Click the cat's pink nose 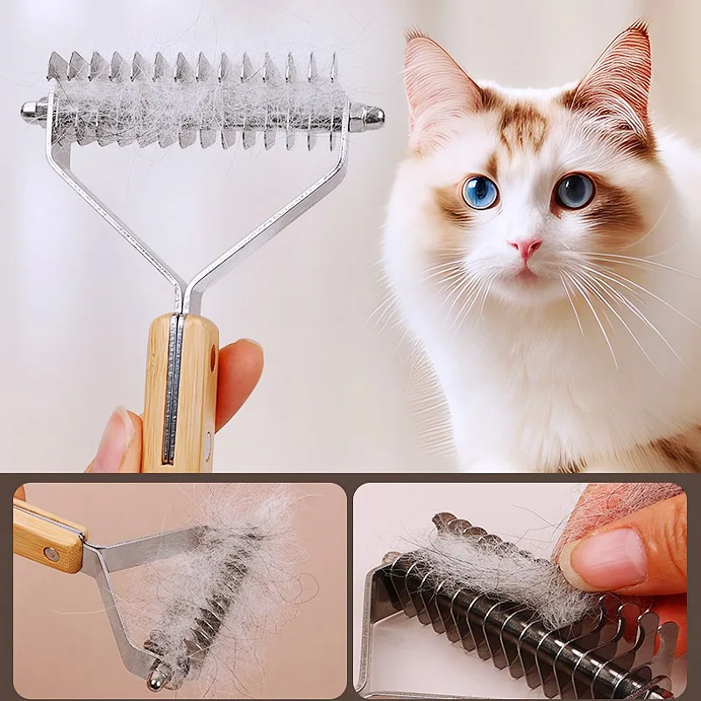526,248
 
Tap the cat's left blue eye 480,192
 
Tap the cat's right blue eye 575,190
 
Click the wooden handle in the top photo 180,394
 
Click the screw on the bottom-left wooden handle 51,554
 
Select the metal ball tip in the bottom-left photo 159,677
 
